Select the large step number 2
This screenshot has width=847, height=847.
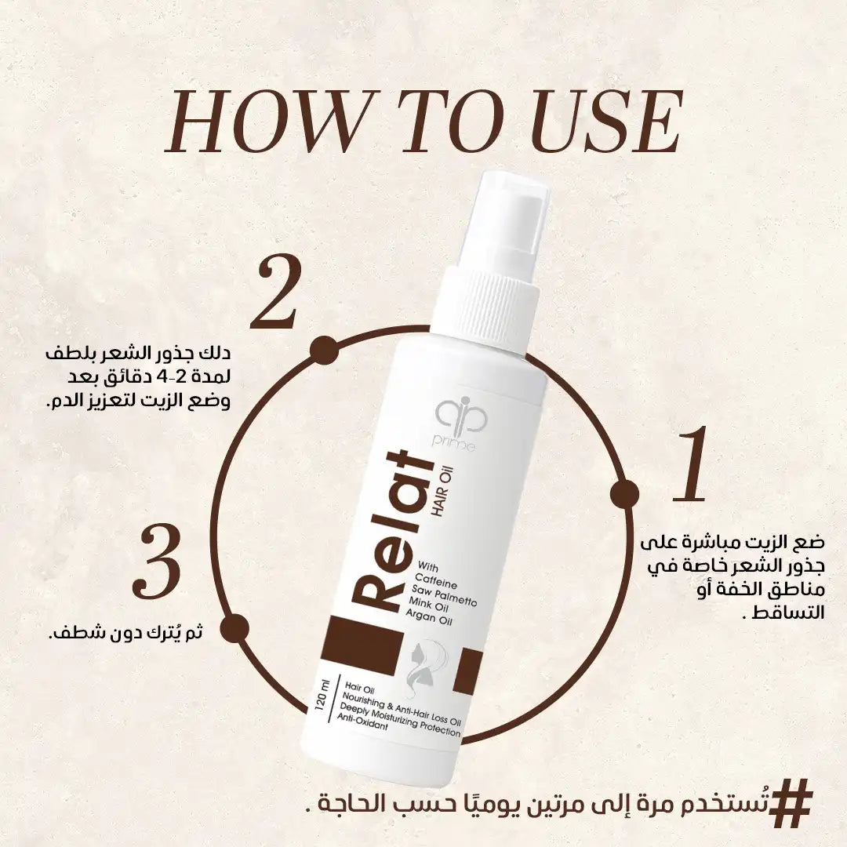pos(275,293)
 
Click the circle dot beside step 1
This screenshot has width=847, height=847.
pos(624,493)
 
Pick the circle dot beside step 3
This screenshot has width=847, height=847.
pos(237,627)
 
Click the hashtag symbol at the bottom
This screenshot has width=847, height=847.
pos(791,803)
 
